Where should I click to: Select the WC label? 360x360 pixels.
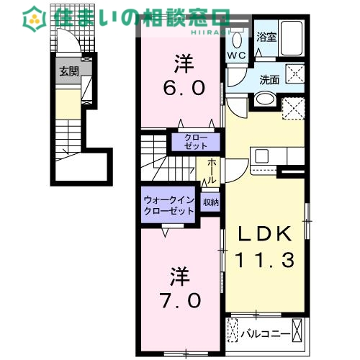238,55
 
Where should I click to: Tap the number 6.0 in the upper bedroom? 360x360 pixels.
184,87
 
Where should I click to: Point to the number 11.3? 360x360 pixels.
264,261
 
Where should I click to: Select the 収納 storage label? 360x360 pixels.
210,203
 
